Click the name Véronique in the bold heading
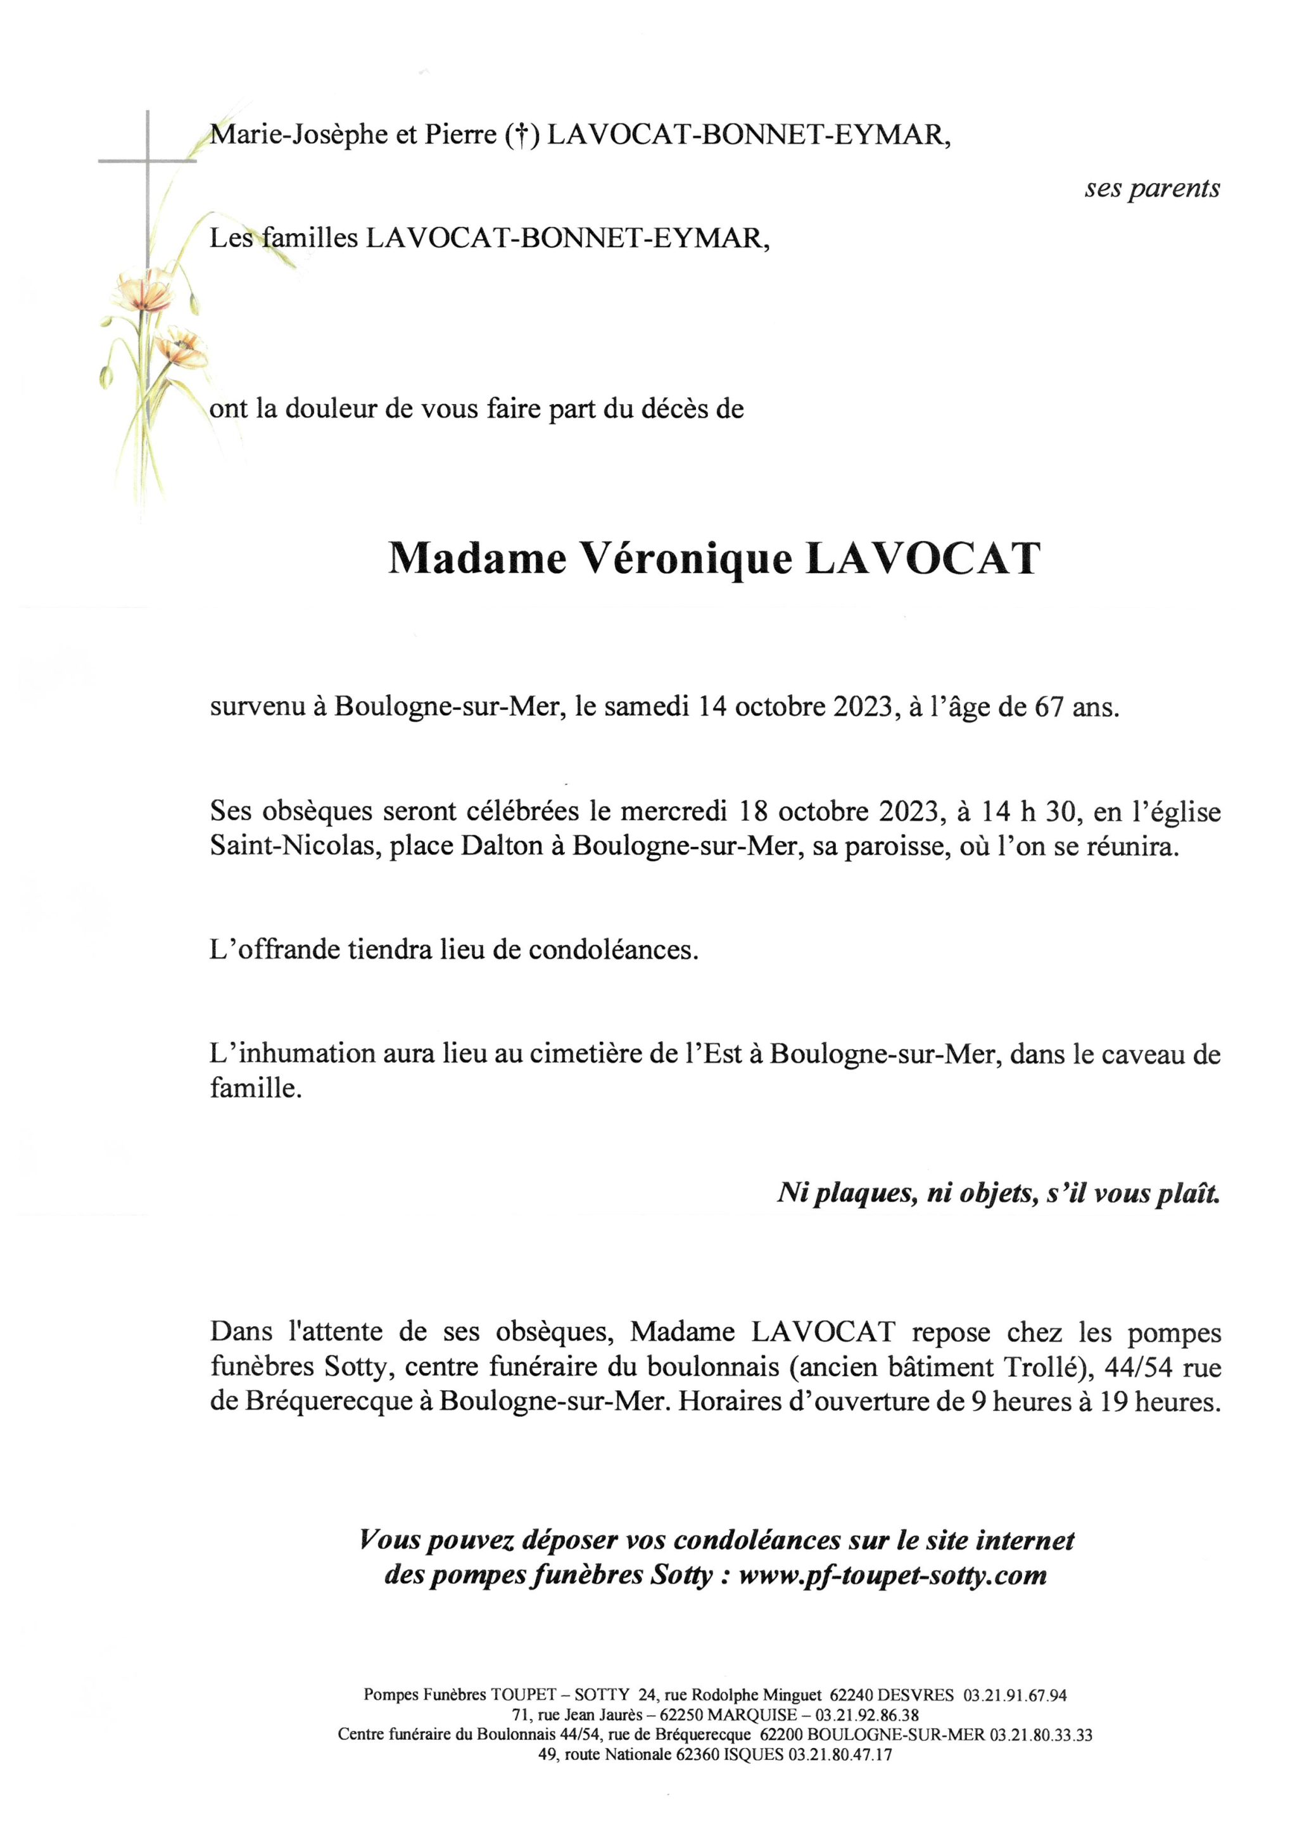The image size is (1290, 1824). [687, 560]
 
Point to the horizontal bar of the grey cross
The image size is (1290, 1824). [147, 161]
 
